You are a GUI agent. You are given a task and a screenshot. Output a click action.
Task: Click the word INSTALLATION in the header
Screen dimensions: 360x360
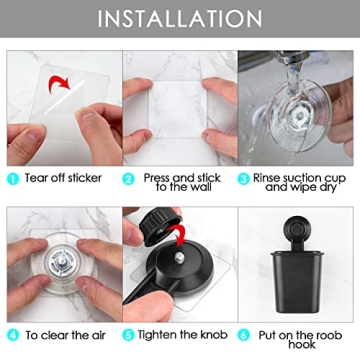coord(180,18)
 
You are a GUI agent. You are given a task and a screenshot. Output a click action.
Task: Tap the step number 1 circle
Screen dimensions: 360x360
coord(11,178)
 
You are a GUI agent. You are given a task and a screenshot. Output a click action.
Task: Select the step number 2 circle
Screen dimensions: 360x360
coord(128,178)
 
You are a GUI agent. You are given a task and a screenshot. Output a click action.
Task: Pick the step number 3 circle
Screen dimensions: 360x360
coord(245,178)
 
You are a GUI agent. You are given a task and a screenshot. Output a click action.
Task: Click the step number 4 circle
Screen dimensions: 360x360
coord(11,334)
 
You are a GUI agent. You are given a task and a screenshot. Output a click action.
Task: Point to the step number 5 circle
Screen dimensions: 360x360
coord(128,334)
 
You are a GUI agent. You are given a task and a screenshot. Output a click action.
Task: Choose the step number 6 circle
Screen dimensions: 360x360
coord(245,334)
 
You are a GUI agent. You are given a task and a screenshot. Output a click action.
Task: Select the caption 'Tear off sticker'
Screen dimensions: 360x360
coord(64,178)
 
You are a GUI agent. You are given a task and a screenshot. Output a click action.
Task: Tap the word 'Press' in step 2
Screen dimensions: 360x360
coord(156,175)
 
